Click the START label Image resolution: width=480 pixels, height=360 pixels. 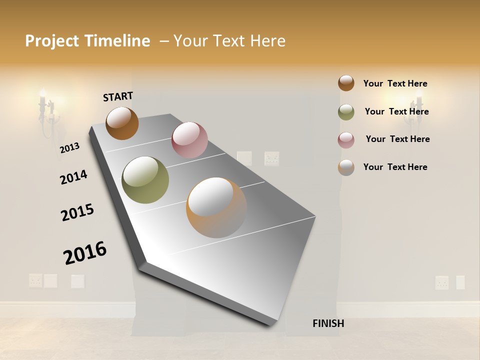(x=118, y=96)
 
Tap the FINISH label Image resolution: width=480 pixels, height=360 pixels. (x=328, y=323)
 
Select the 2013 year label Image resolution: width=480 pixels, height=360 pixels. (x=69, y=147)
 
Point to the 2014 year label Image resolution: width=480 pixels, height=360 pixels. (x=73, y=177)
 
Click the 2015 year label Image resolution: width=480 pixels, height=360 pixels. (x=77, y=212)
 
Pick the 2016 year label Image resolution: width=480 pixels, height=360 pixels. (x=85, y=253)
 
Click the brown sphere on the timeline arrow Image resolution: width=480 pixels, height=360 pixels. (x=122, y=123)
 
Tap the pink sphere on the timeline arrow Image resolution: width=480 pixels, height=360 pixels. (x=189, y=140)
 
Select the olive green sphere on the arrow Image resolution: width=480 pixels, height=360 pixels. (x=145, y=179)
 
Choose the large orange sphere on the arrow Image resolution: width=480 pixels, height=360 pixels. (x=216, y=207)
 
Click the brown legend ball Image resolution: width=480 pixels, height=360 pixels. (x=346, y=83)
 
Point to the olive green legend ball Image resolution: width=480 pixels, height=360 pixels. (x=346, y=112)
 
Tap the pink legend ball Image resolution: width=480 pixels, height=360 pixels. (x=346, y=140)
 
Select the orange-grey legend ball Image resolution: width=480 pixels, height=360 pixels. (x=346, y=167)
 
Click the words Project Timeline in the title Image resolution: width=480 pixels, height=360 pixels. (x=87, y=41)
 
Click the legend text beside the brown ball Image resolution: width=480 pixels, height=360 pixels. (x=395, y=83)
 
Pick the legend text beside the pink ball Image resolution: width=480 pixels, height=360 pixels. (x=397, y=139)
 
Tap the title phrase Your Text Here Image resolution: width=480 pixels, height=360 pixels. (x=229, y=41)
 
